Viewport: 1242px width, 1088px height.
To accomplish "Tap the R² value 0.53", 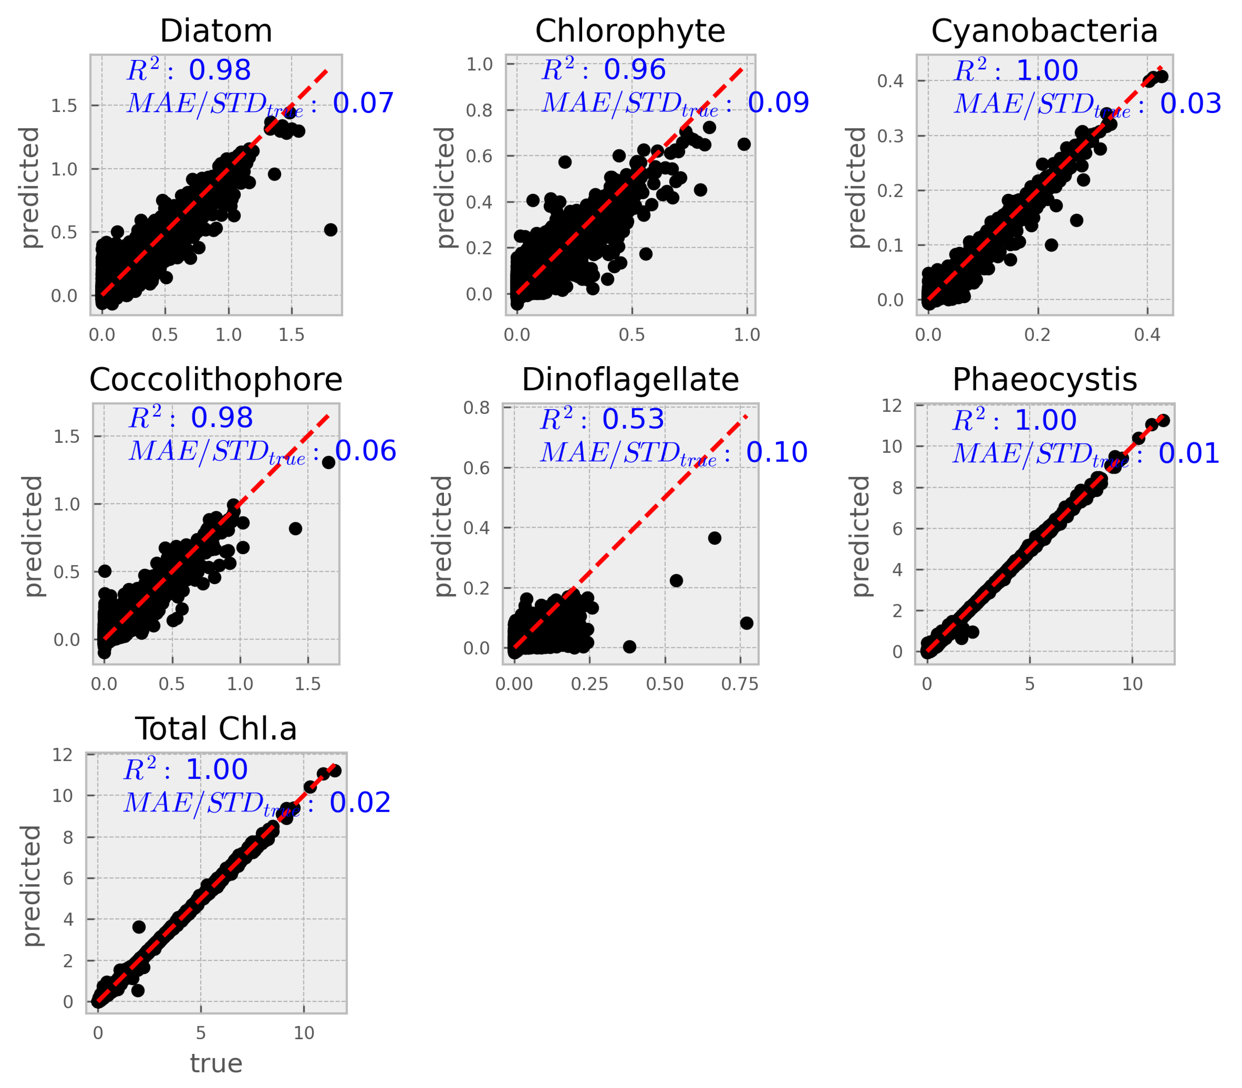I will (633, 420).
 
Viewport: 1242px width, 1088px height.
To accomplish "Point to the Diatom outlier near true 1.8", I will (330, 229).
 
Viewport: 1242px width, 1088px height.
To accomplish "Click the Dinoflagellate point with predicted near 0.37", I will (714, 538).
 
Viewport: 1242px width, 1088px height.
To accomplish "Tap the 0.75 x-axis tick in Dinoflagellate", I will (740, 684).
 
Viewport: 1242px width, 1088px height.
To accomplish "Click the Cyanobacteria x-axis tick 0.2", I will (1037, 334).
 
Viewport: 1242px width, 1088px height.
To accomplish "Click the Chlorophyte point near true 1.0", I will (744, 144).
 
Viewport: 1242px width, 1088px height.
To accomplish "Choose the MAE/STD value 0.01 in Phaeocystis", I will (1189, 454).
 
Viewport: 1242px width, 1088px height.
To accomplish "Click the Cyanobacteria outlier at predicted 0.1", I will (1051, 245).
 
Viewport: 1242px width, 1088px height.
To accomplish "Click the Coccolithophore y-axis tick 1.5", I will (67, 437).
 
